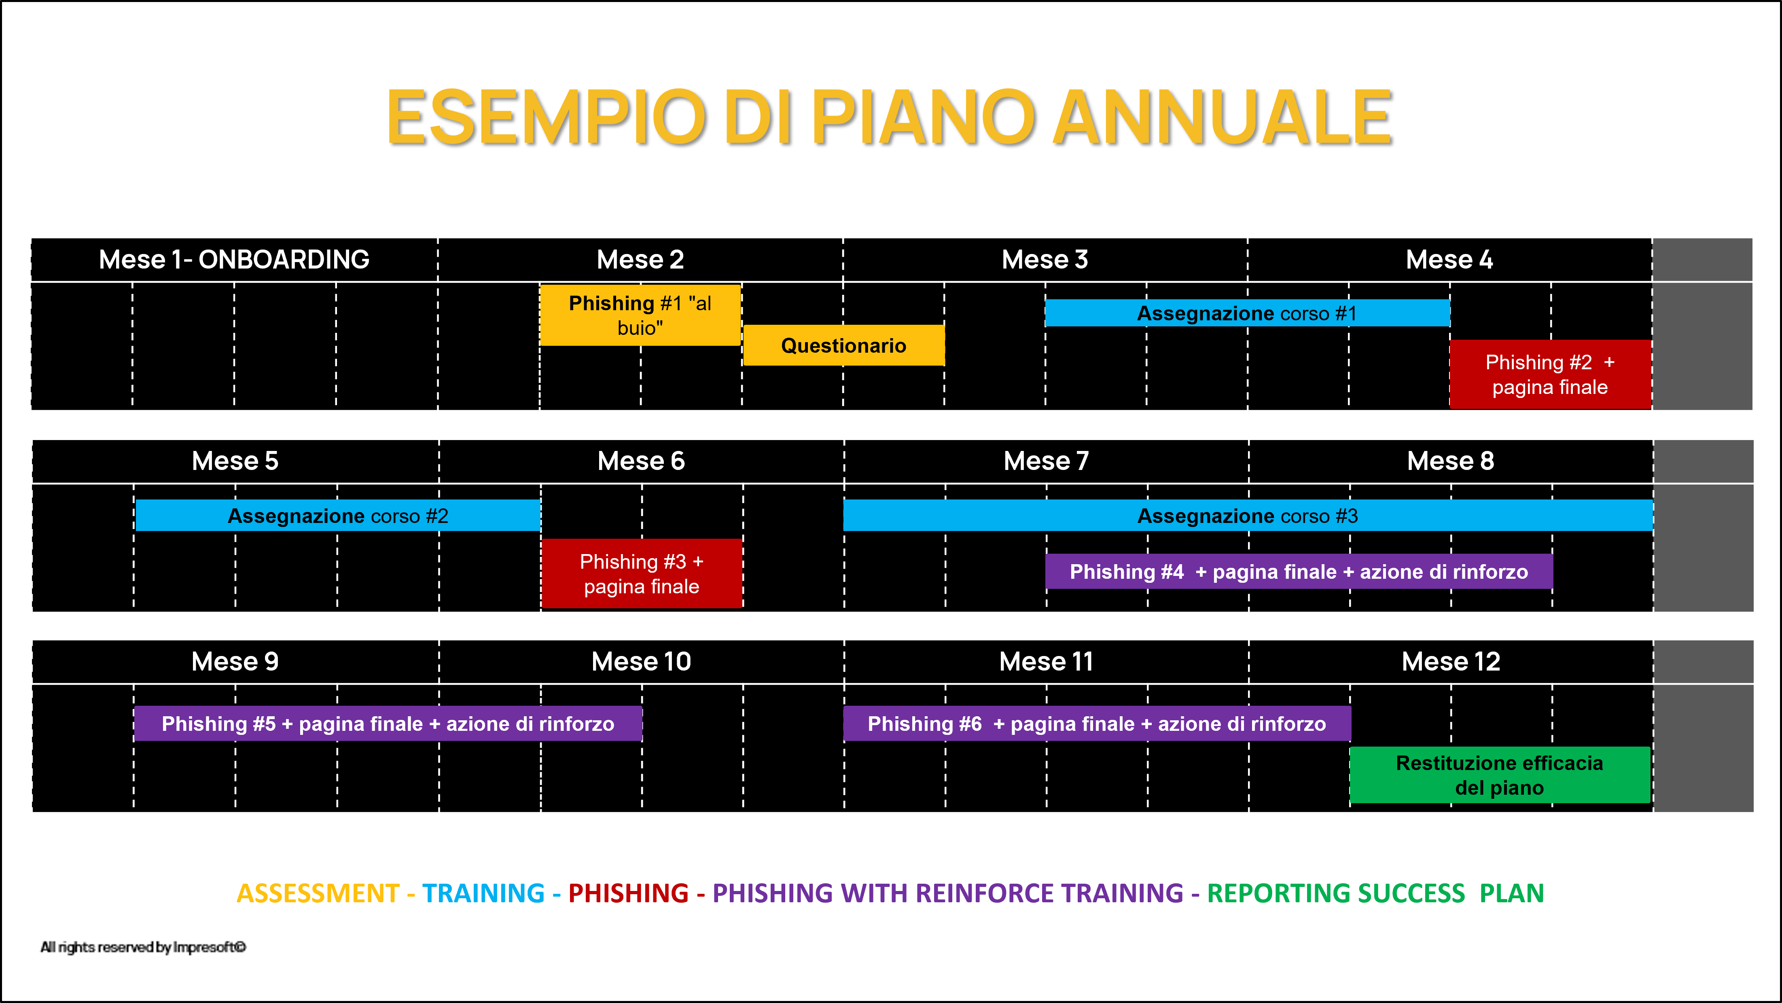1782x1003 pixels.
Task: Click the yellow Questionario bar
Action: [x=843, y=345]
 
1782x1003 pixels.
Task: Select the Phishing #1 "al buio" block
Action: [x=640, y=315]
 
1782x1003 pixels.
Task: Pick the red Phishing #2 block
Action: [x=1549, y=374]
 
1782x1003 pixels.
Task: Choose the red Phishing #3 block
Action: [x=641, y=573]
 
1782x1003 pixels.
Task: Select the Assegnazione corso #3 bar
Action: [x=1247, y=515]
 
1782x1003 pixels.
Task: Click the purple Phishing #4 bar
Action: [x=1299, y=571]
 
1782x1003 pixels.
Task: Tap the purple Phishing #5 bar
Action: [x=388, y=724]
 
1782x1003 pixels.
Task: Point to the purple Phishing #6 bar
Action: [x=1096, y=724]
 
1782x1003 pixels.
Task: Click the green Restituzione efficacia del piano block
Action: [x=1499, y=775]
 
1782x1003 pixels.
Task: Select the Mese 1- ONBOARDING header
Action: [x=234, y=259]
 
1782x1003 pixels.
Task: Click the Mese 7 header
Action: [x=1046, y=461]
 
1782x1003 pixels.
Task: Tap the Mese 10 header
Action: [x=641, y=661]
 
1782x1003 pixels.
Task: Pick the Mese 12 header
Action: [x=1451, y=661]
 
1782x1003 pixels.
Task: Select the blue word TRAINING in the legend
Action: [x=483, y=893]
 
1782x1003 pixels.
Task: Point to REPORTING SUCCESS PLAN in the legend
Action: [x=1375, y=893]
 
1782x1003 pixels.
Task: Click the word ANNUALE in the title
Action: [x=1223, y=118]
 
